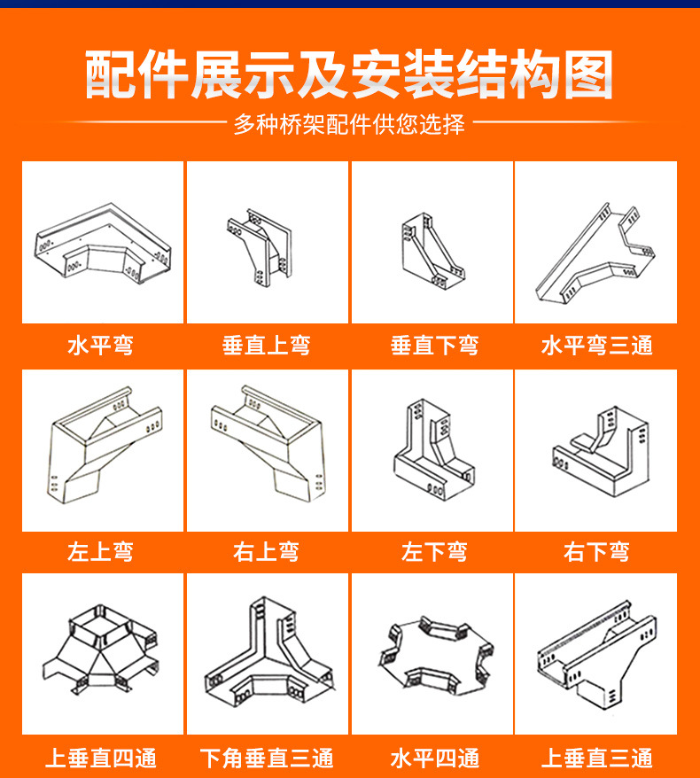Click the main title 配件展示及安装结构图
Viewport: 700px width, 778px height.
[349, 75]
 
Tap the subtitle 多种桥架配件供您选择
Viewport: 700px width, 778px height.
[349, 124]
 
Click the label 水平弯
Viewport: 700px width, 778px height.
[101, 345]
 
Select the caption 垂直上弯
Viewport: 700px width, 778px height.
[267, 345]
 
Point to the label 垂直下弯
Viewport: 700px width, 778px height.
[434, 345]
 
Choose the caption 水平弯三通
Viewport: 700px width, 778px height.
[596, 345]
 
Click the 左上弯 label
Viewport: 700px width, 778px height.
[101, 552]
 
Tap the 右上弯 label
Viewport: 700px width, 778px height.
[267, 552]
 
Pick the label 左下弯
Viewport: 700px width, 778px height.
[434, 552]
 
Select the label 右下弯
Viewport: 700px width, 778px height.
[596, 552]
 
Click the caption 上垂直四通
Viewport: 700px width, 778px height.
[101, 759]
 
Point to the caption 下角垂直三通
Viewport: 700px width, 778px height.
[267, 759]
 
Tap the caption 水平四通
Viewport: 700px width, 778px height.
[434, 759]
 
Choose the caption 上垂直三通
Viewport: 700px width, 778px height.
[596, 759]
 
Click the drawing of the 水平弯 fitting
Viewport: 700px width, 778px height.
[102, 245]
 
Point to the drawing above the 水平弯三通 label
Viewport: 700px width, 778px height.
[596, 248]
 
